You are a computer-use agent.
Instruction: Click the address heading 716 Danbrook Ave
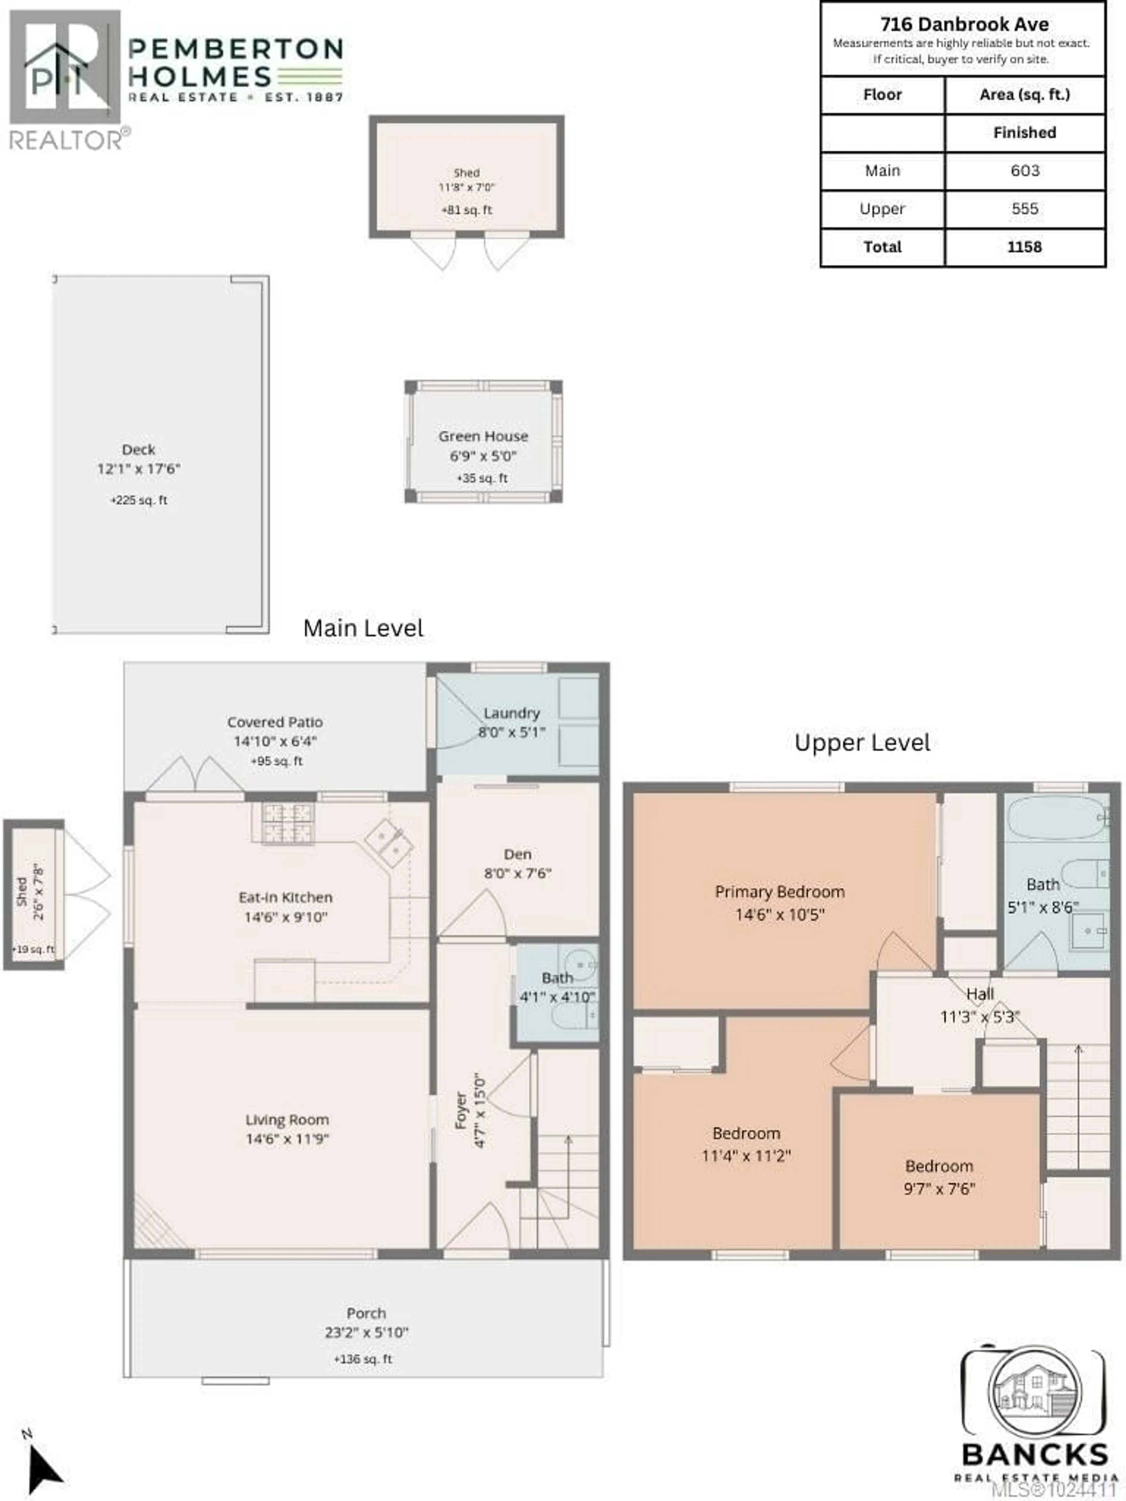pyautogui.click(x=964, y=24)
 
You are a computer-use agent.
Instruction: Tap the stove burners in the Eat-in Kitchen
pyautogui.click(x=289, y=823)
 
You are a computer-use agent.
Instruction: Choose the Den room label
pyautogui.click(x=517, y=854)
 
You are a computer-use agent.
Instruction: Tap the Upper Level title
pyautogui.click(x=862, y=742)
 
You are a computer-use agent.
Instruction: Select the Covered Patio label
pyautogui.click(x=275, y=722)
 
